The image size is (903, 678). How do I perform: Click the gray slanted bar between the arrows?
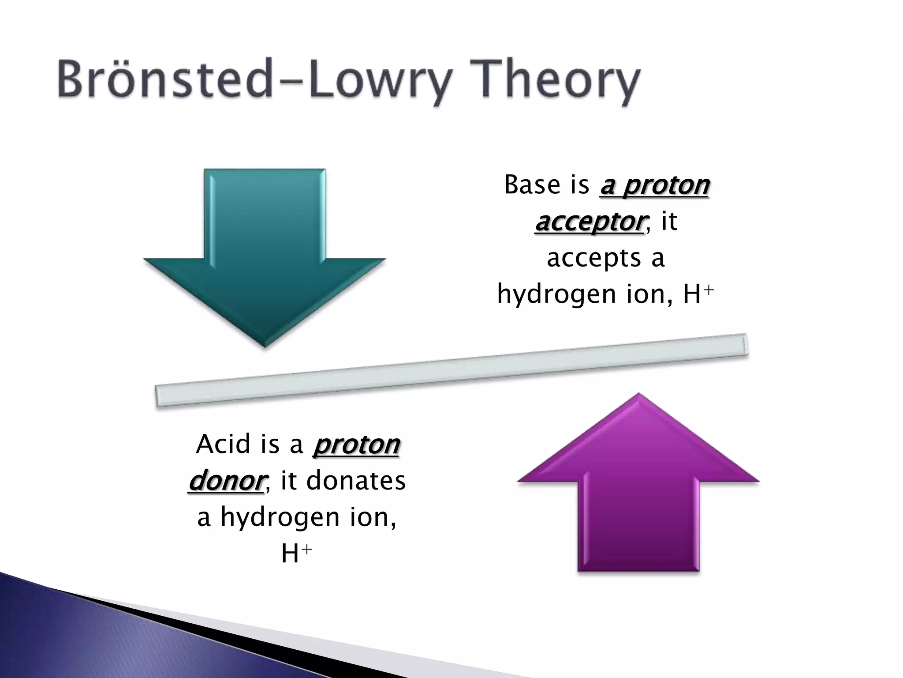451,370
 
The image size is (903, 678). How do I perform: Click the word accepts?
593,258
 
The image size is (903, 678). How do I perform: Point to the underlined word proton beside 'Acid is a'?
356,444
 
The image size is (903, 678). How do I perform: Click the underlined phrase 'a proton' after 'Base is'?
654,185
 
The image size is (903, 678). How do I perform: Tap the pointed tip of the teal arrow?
265,344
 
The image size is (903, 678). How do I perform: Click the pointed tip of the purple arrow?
638,395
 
